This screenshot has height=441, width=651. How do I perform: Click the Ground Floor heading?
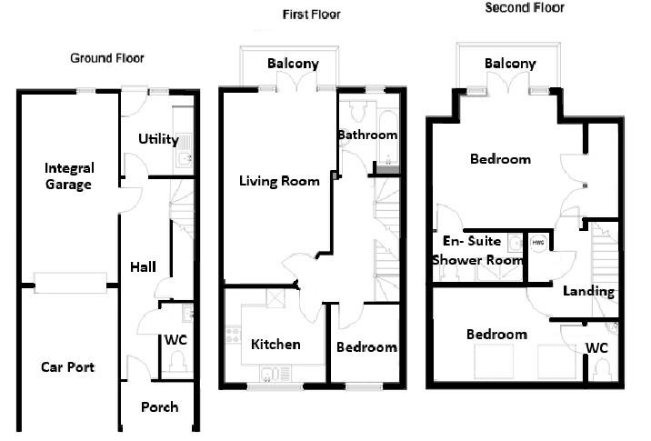click(107, 58)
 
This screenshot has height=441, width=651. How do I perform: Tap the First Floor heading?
click(312, 15)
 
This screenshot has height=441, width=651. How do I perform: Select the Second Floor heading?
click(525, 7)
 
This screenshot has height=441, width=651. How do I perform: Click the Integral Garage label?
click(70, 176)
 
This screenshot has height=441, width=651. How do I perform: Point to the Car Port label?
click(68, 367)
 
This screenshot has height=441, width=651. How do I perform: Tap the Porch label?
click(159, 406)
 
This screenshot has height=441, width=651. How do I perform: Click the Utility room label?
click(158, 139)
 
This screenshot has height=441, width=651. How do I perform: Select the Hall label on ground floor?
click(143, 266)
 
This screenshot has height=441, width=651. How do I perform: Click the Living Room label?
click(279, 181)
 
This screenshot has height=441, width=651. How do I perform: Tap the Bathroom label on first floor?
click(367, 135)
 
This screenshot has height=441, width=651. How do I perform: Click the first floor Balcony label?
click(293, 64)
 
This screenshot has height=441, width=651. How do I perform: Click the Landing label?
click(588, 292)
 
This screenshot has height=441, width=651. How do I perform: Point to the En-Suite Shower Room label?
click(477, 251)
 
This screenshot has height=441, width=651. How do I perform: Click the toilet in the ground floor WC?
click(177, 362)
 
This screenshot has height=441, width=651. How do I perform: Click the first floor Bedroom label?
click(366, 347)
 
